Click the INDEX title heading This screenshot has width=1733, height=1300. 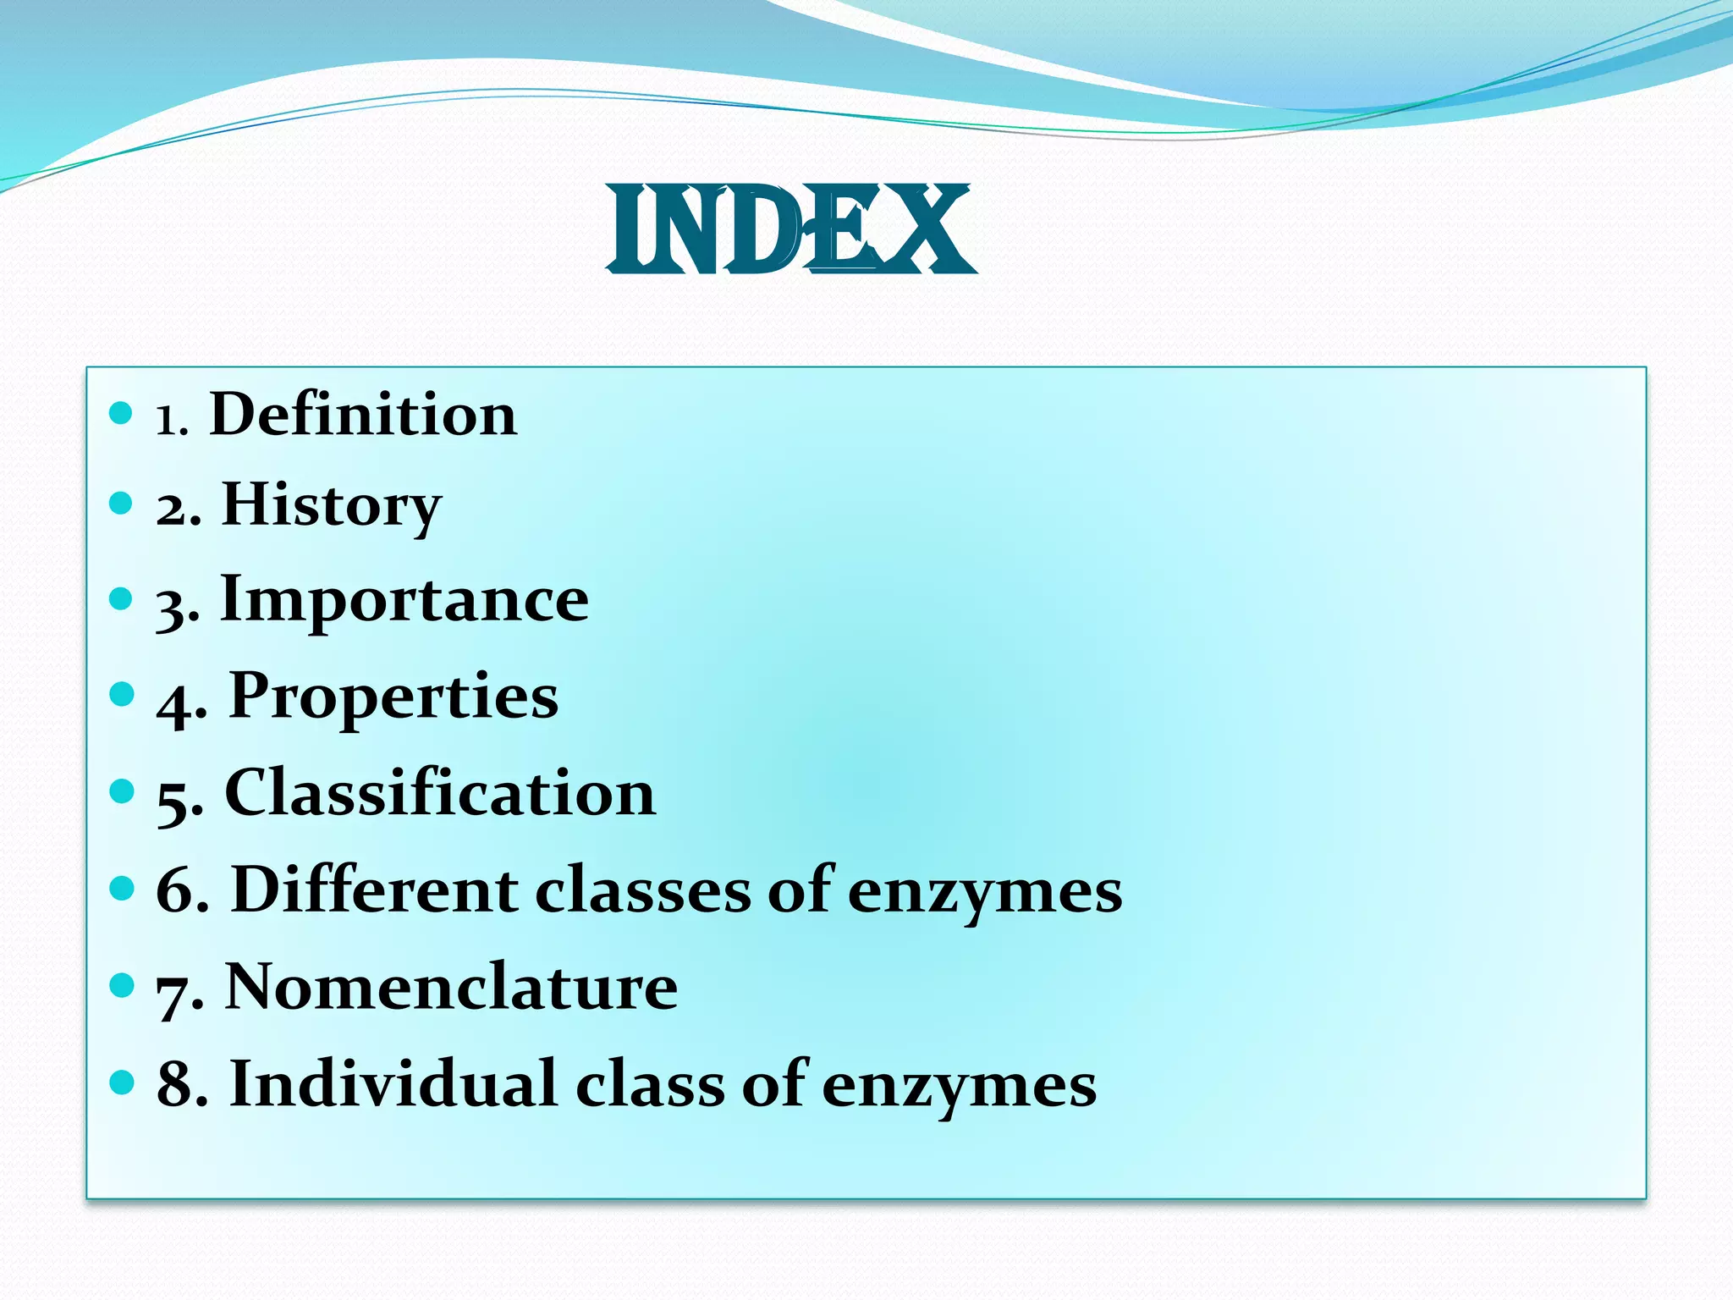click(x=791, y=230)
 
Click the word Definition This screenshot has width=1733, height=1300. click(x=363, y=415)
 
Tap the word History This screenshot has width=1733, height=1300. click(x=331, y=506)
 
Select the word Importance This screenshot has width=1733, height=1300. click(x=404, y=600)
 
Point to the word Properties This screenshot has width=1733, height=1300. click(x=393, y=697)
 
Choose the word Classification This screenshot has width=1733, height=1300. click(x=440, y=793)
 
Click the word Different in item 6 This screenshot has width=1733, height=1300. click(x=375, y=890)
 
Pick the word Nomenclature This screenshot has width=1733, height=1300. click(x=451, y=987)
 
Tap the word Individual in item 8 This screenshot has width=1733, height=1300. click(x=393, y=1083)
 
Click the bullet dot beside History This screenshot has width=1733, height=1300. click(x=122, y=504)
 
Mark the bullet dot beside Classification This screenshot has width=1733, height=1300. click(x=122, y=791)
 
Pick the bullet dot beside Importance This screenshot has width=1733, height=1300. click(x=122, y=599)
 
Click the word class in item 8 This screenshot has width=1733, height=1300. click(x=650, y=1085)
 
